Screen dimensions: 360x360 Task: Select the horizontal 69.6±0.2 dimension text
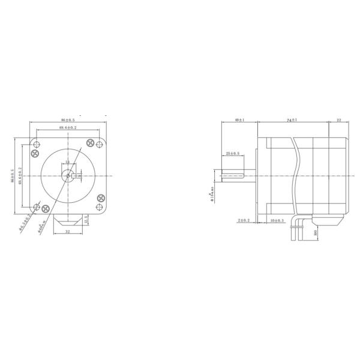(68, 128)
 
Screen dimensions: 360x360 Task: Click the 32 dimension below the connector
(67, 230)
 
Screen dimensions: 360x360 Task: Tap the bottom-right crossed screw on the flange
(100, 199)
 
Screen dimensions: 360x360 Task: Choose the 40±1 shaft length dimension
(239, 121)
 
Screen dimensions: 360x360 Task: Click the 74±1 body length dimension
(292, 121)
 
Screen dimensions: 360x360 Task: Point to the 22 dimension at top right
(339, 121)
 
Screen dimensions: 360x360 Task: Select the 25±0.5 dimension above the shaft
(233, 154)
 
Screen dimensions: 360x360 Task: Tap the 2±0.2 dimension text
(244, 221)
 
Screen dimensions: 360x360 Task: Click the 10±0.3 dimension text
(277, 221)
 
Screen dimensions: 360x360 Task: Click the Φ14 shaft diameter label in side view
(211, 194)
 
